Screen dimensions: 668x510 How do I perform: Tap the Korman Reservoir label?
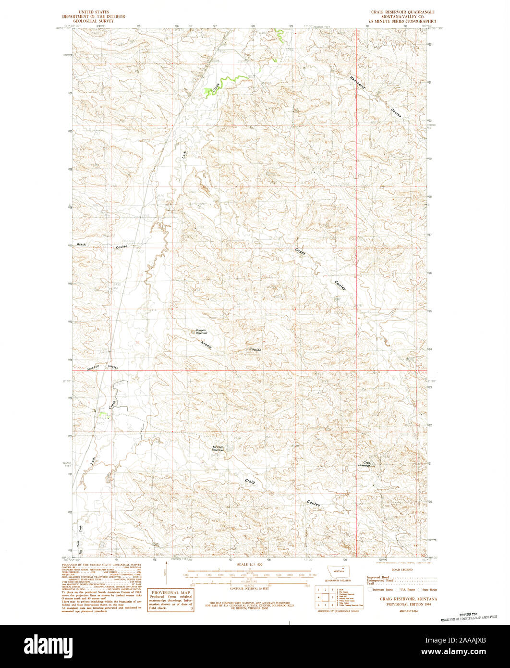(x=201, y=332)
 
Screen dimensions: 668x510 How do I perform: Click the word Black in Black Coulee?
(x=83, y=245)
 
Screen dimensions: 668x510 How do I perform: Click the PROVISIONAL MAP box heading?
(x=171, y=593)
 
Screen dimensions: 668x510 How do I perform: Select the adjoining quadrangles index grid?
(x=324, y=596)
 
